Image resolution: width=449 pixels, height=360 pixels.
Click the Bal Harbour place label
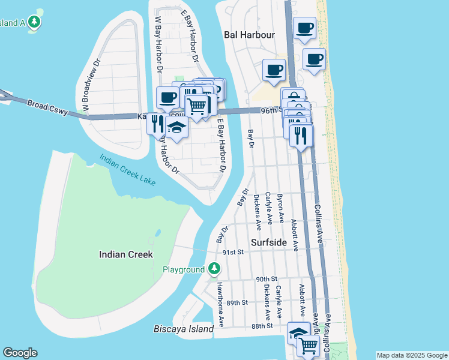[x=249, y=35]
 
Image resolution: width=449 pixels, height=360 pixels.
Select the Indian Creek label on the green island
[x=125, y=254]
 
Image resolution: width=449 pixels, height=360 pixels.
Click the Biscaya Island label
[x=184, y=329]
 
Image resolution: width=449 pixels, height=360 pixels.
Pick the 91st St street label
[x=233, y=253]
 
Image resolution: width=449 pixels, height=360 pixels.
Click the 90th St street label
[x=266, y=279]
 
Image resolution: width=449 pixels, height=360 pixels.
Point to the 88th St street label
[x=262, y=326]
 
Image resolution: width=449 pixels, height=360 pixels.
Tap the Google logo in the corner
[x=20, y=353]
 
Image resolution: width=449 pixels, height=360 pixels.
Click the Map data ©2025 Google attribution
[x=411, y=355]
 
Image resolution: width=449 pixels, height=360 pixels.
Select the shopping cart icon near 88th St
[x=308, y=344]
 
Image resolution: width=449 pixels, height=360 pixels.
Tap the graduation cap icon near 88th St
[x=298, y=332]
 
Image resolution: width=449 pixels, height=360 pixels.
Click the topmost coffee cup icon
[x=305, y=28]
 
